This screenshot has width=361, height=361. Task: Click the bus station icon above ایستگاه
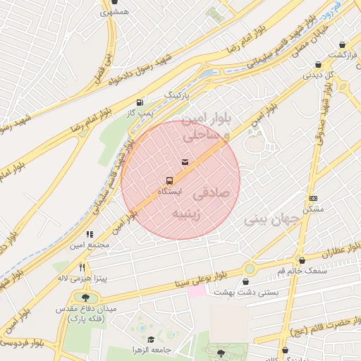(x=169, y=180)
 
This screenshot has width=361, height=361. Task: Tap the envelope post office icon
(x=185, y=163)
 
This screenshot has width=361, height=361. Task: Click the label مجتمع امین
(x=90, y=245)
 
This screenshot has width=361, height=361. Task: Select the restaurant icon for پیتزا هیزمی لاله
(x=82, y=267)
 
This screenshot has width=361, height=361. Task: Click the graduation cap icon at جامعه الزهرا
(x=151, y=340)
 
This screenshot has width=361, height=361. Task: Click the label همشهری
(x=114, y=13)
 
